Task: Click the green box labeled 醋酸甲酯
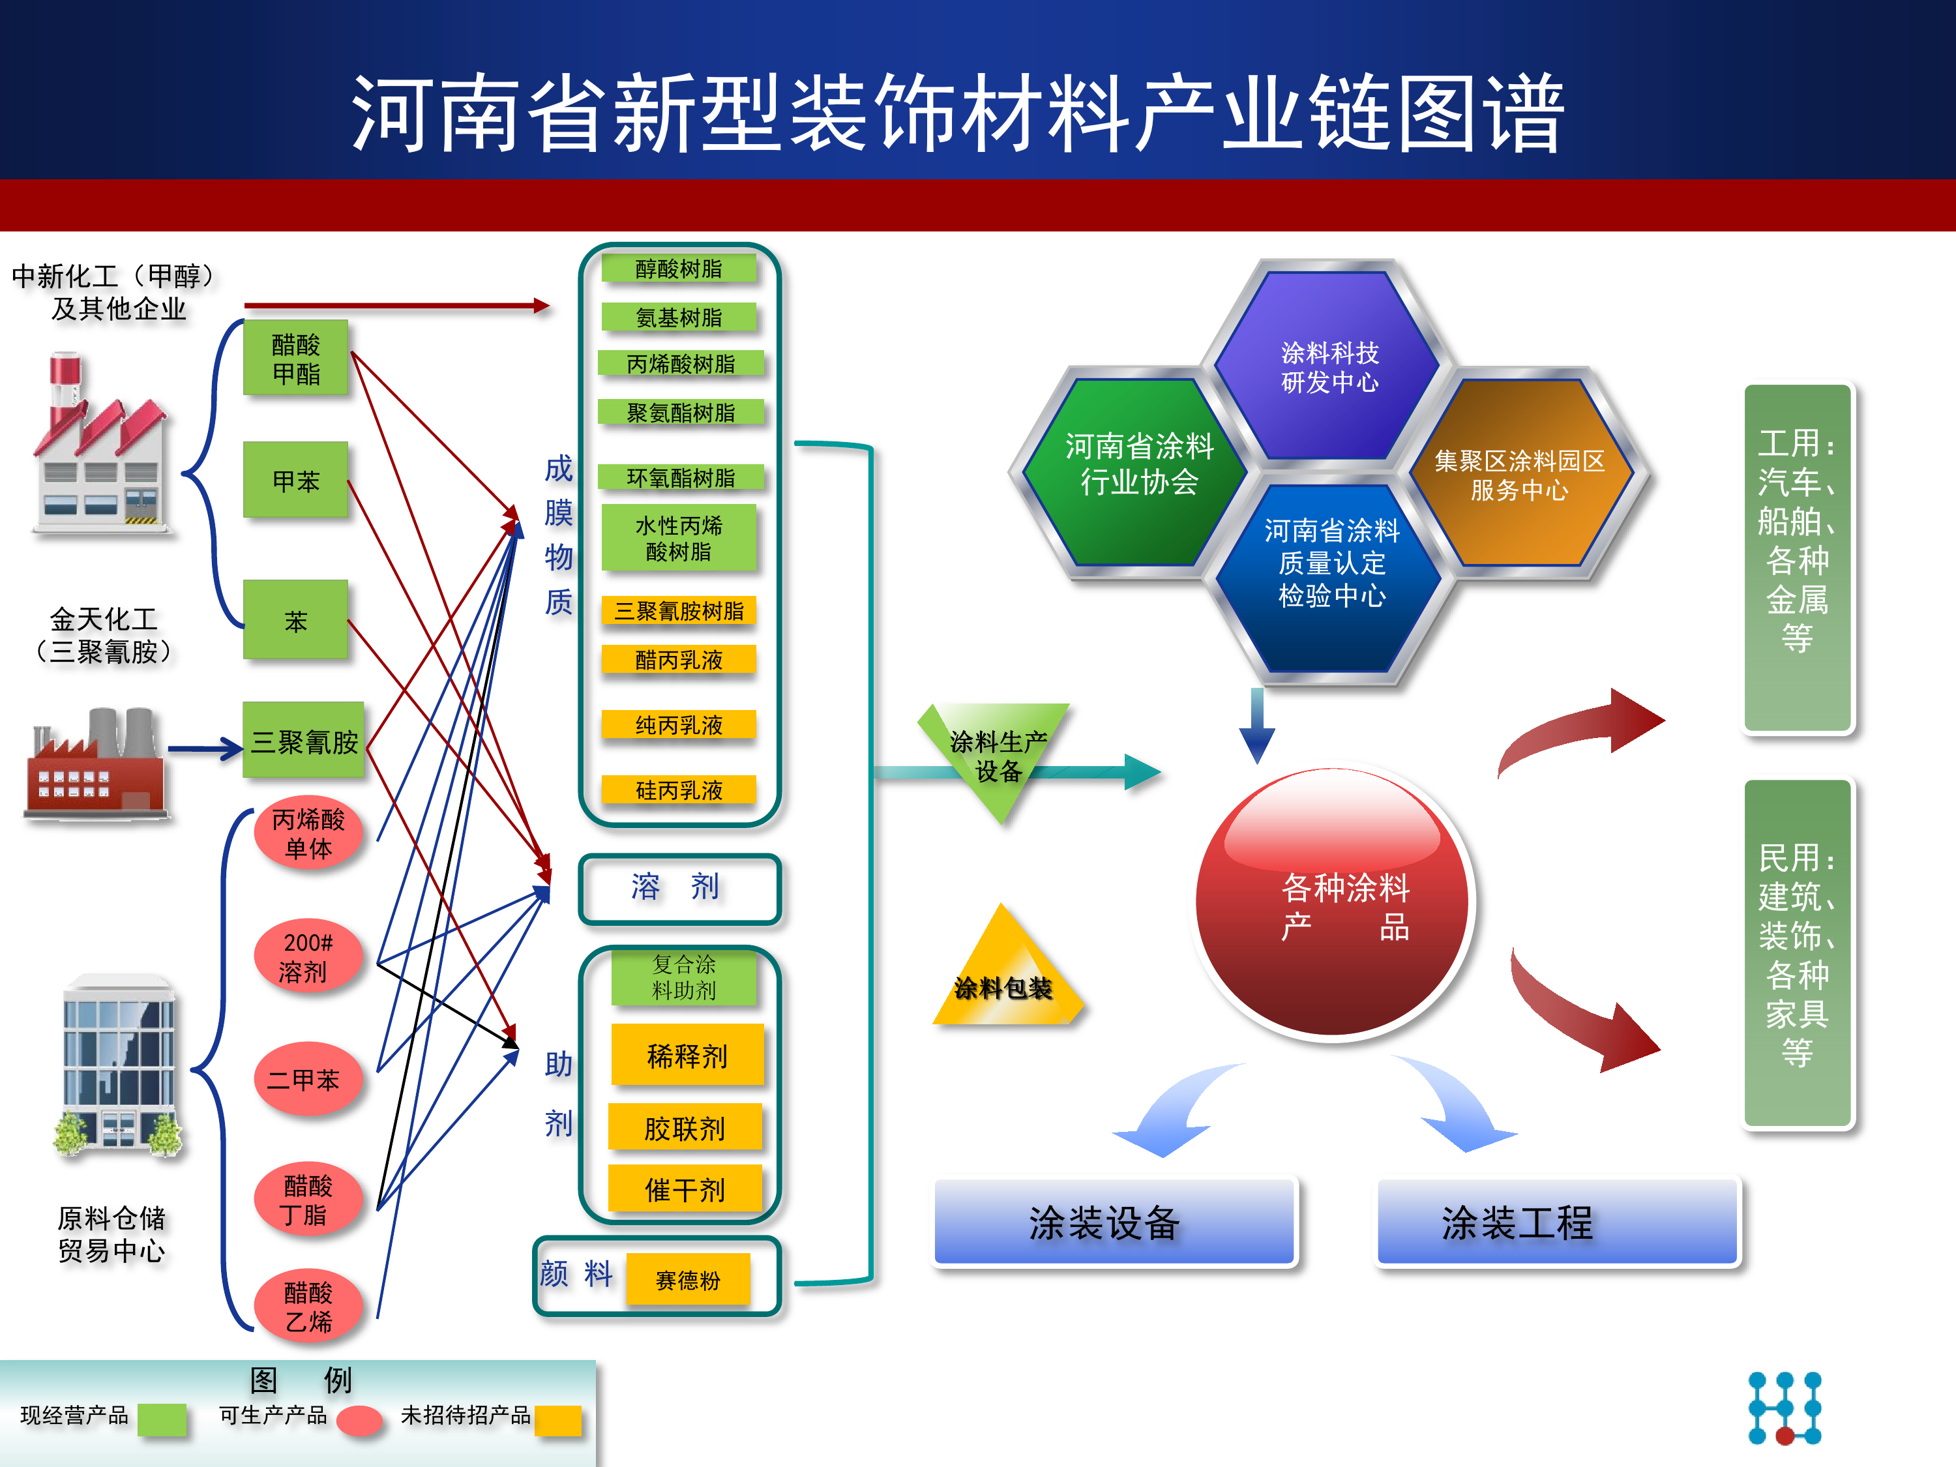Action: pos(295,358)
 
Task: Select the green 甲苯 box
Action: pos(295,480)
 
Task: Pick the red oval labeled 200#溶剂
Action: pos(307,956)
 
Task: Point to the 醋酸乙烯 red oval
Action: pos(307,1306)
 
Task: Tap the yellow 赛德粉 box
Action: pos(687,1279)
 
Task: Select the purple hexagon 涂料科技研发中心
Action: pos(1329,366)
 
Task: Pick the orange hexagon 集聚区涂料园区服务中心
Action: pos(1519,474)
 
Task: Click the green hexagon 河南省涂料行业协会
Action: pos(1138,465)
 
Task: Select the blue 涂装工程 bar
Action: pos(1556,1222)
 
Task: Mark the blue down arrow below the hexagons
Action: pos(1256,725)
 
